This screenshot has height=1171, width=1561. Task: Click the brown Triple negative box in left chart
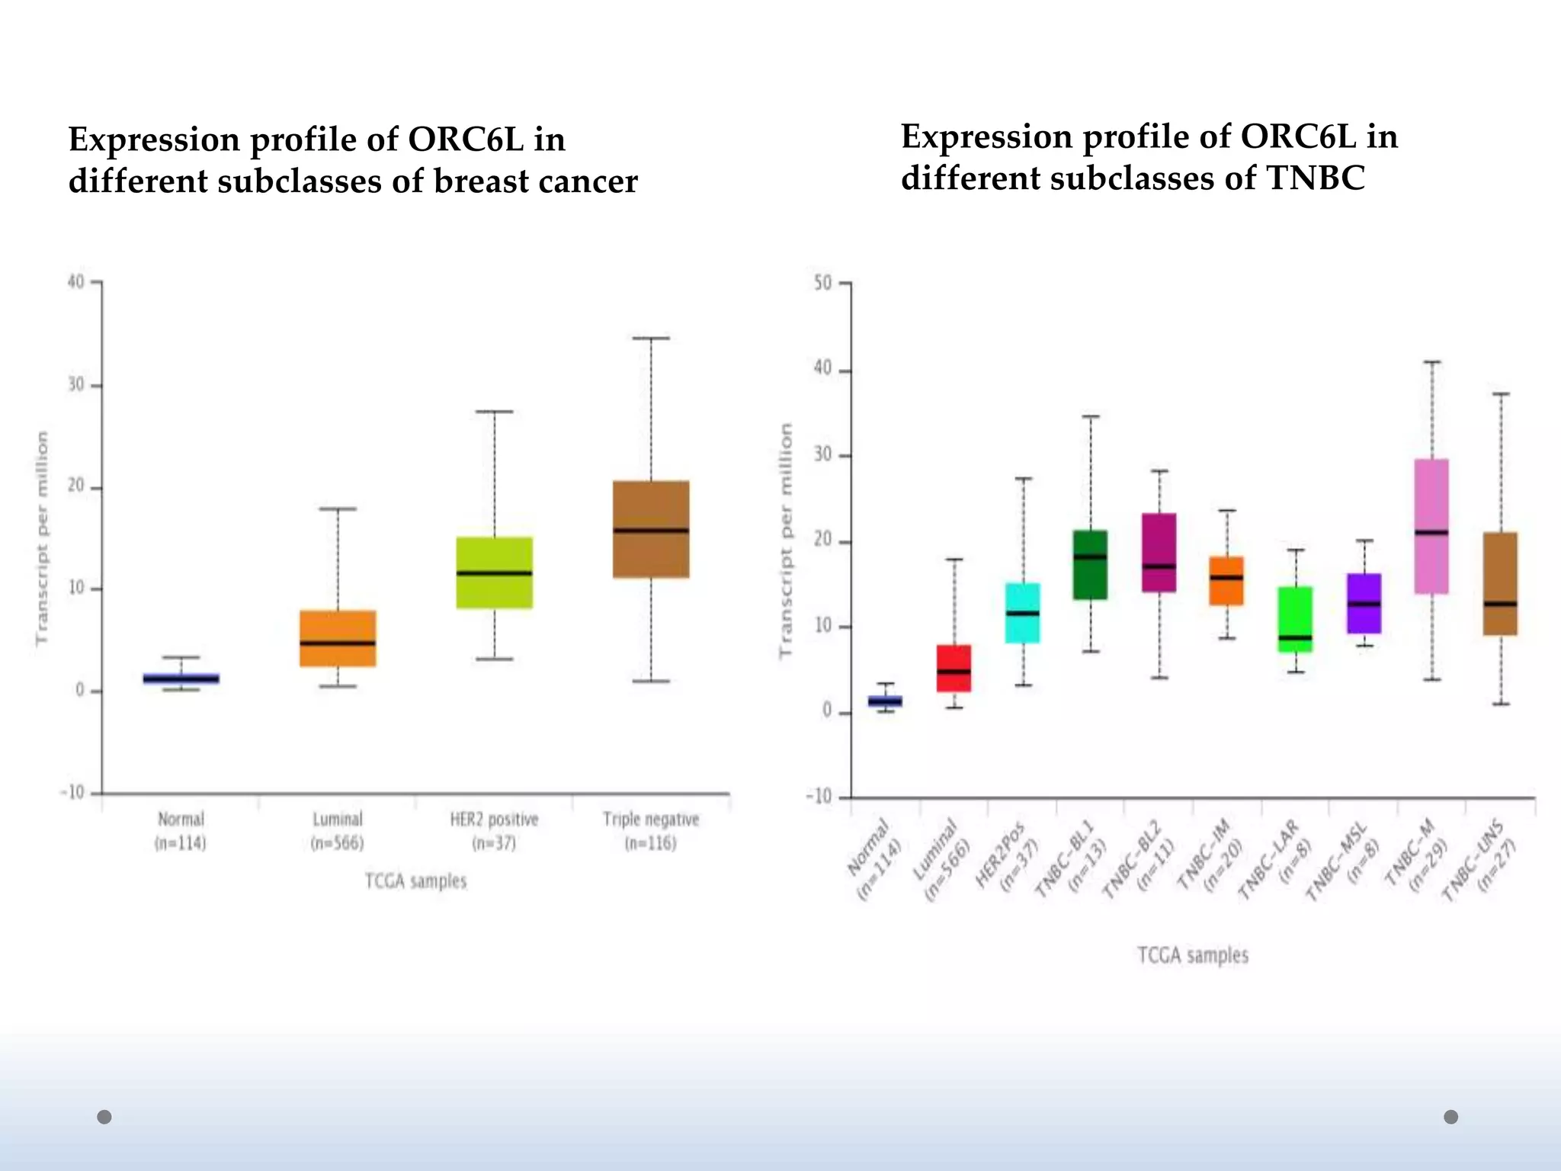point(651,529)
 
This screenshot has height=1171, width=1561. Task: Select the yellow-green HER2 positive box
point(494,573)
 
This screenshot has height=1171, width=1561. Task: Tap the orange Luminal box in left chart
point(338,638)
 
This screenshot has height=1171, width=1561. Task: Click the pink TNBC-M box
point(1431,526)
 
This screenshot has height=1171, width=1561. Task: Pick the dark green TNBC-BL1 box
point(1090,565)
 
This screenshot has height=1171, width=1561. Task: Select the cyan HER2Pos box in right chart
point(1022,613)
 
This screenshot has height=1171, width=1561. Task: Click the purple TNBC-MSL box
point(1364,603)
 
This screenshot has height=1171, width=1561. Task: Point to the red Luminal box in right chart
point(954,669)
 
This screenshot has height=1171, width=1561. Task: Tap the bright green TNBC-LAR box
point(1295,619)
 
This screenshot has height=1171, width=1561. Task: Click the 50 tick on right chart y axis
point(823,283)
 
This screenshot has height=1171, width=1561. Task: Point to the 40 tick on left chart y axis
point(75,281)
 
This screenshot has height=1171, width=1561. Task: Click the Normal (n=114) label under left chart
point(181,830)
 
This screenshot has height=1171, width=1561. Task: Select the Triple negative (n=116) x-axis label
point(651,830)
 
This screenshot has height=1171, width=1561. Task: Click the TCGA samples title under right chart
point(1193,955)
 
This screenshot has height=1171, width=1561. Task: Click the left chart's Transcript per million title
point(42,537)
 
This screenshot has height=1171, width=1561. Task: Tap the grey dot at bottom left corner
point(104,1117)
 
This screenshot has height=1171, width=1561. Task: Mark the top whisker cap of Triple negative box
point(651,338)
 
